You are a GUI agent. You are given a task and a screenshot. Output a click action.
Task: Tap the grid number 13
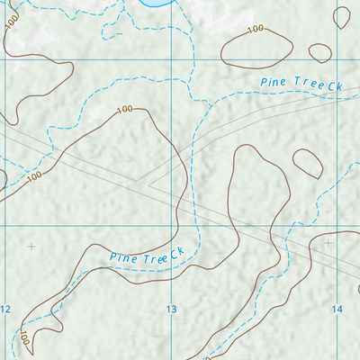(x=171, y=310)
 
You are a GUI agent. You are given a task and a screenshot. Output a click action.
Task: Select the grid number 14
(x=337, y=310)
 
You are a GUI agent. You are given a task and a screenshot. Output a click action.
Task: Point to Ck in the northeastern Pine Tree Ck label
(x=337, y=86)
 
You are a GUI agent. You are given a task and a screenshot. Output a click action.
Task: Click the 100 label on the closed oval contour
(x=255, y=30)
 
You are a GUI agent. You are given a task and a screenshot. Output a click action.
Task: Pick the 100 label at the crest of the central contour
(x=124, y=109)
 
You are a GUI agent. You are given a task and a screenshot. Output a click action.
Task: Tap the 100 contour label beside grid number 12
(x=24, y=338)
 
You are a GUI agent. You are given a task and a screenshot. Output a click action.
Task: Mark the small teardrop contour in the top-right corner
(x=342, y=16)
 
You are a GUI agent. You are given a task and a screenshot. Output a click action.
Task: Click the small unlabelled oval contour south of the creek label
(x=306, y=162)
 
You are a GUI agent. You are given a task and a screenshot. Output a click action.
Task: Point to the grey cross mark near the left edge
(x=31, y=246)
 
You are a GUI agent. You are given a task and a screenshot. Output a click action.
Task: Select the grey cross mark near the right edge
(x=328, y=242)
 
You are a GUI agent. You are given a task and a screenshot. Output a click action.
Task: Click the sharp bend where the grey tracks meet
(x=147, y=181)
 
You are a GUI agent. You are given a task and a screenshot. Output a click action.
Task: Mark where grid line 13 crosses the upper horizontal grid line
(x=170, y=61)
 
